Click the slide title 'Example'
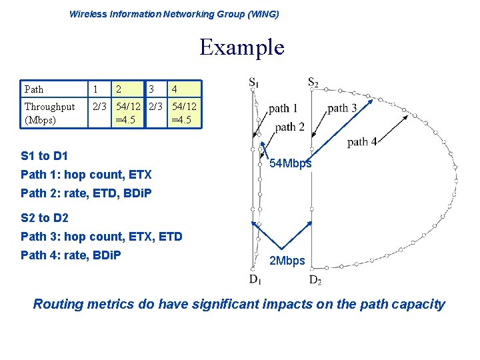pyautogui.click(x=241, y=47)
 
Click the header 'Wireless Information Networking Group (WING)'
pyautogui.click(x=174, y=14)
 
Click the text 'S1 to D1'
pyautogui.click(x=44, y=156)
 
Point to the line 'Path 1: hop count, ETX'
pyautogui.click(x=86, y=175)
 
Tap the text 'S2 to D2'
pyautogui.click(x=44, y=217)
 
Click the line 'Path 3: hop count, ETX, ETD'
pyautogui.click(x=101, y=236)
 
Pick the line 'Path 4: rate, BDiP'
pyautogui.click(x=71, y=255)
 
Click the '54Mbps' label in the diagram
pyautogui.click(x=290, y=164)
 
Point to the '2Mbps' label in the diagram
pyautogui.click(x=287, y=261)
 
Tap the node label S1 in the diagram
pyautogui.click(x=254, y=83)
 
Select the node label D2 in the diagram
pyautogui.click(x=315, y=279)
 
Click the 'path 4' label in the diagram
pyautogui.click(x=363, y=142)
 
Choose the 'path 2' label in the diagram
pyautogui.click(x=289, y=127)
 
